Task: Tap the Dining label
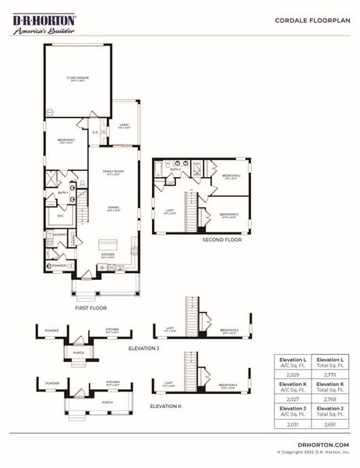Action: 114,207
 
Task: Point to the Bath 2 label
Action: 175,169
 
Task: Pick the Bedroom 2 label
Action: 230,176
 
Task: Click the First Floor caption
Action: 90,309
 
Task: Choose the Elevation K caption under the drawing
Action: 166,406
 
